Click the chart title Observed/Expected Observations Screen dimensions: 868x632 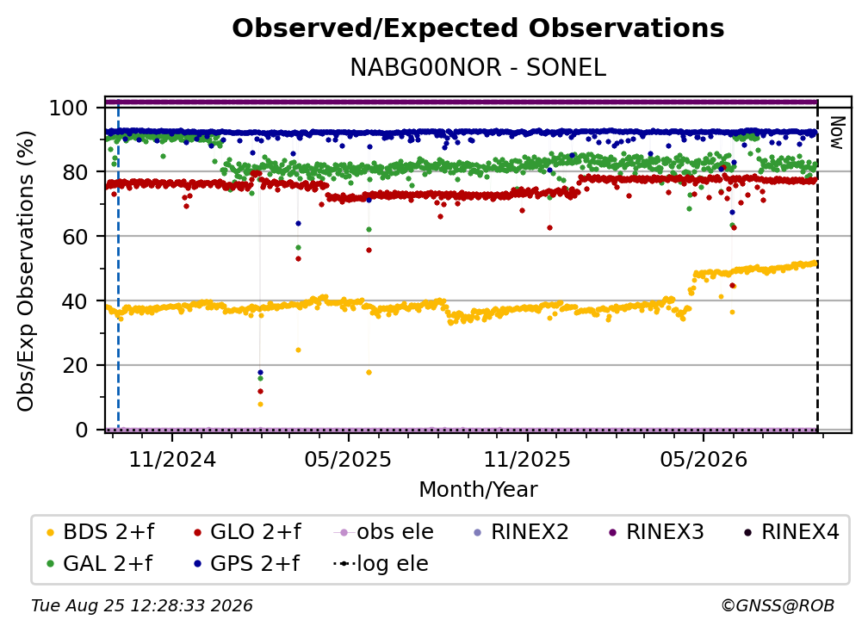pos(478,28)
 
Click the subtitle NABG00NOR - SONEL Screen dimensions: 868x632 pos(478,67)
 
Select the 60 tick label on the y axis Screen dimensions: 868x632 pos(75,236)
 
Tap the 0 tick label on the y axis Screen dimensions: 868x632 pos(81,430)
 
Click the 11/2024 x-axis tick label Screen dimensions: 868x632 pos(172,459)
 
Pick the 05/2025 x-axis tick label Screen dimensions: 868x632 pos(348,459)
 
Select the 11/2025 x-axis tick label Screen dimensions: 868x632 pos(527,459)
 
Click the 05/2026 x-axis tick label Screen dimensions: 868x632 pos(703,459)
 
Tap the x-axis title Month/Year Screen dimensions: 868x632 pos(478,489)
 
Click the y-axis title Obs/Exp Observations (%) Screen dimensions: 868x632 pos(26,271)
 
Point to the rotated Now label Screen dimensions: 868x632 pos(836,133)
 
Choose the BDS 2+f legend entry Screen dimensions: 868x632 pos(101,532)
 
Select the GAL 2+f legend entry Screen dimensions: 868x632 pos(100,563)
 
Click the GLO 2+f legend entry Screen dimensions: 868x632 pos(247,532)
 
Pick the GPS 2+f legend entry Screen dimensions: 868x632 pos(247,563)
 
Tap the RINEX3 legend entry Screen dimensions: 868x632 pos(656,532)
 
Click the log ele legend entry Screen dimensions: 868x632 pos(381,563)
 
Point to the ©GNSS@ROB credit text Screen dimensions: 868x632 pos(778,605)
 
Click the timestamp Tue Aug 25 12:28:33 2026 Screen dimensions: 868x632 pos(142,605)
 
